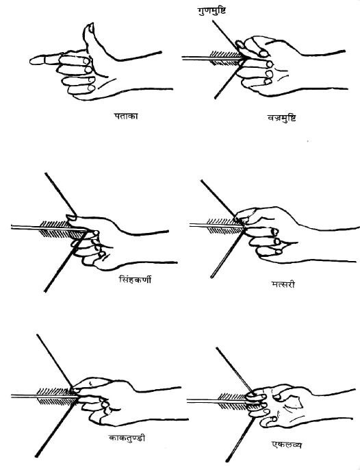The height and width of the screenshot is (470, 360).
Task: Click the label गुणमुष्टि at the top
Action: (211, 11)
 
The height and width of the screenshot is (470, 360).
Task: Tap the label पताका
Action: (126, 116)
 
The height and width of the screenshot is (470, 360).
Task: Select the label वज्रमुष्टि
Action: (282, 118)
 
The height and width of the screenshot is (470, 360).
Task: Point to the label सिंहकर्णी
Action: (135, 280)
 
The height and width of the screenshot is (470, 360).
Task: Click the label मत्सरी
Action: (283, 284)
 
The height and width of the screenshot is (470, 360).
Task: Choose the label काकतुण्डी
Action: (127, 438)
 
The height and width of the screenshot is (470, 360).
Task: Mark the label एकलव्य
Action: (286, 445)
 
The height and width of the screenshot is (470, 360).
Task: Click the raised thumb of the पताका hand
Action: (90, 38)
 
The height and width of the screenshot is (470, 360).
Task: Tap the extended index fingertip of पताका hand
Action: (34, 60)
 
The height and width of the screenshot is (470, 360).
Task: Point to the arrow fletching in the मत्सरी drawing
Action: (225, 226)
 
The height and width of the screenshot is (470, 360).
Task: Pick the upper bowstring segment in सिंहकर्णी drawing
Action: (60, 195)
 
